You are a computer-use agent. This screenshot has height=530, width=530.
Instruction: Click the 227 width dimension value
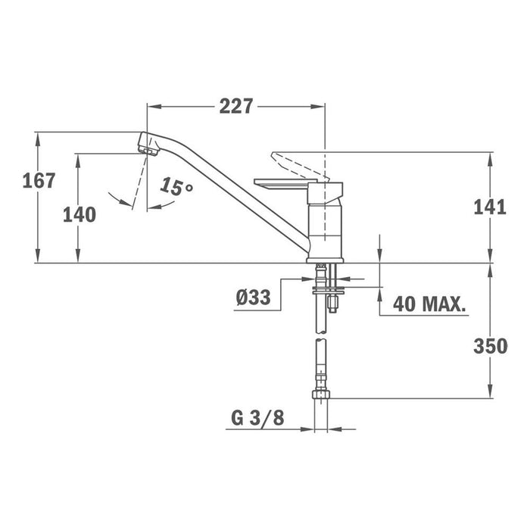pos(236,106)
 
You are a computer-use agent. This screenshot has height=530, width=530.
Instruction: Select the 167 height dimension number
pos(39,180)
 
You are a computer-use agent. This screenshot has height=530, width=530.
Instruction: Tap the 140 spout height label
pos(79,214)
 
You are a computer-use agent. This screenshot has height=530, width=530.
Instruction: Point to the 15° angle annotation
pos(176,187)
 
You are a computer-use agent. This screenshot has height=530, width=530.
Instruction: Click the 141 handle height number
pos(490,207)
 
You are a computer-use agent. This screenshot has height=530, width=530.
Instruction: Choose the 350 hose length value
pos(491,346)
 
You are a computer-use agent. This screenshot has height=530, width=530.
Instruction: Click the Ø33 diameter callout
pos(254,298)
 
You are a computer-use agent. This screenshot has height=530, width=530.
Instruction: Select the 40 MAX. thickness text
pos(429,304)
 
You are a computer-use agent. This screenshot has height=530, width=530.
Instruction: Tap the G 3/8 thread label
pos(257,418)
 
